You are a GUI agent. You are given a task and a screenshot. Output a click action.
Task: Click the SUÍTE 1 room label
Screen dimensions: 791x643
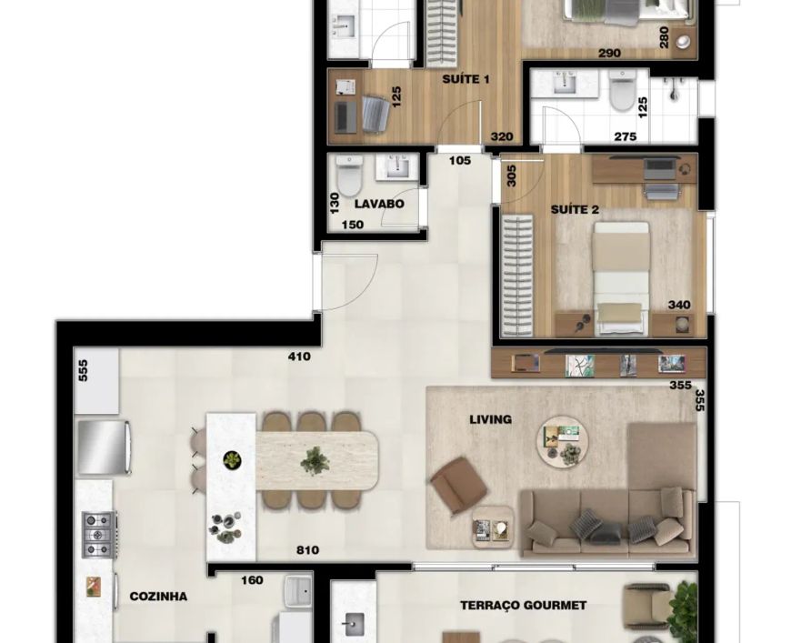pos(466,79)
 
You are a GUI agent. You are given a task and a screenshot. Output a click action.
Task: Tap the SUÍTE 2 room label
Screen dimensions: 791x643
pos(575,209)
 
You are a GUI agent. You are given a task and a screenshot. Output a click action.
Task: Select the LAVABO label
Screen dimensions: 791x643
pos(379,204)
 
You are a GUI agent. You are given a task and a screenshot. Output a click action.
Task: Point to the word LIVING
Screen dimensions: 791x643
pos(490,419)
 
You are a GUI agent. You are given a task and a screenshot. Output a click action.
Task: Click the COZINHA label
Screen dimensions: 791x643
pos(158,597)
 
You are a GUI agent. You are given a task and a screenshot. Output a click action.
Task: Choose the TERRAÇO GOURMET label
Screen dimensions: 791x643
pos(523,605)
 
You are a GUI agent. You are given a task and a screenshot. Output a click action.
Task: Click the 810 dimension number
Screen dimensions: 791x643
pos(307,550)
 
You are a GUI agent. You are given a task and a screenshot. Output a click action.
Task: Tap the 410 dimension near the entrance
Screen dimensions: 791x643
pos(299,357)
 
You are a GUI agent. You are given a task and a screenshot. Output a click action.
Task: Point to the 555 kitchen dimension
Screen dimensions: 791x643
pos(84,370)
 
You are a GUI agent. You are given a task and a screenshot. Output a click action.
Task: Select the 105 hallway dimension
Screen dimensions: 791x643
pos(460,160)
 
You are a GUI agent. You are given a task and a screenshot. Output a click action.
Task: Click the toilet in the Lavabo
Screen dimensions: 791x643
pos(350,176)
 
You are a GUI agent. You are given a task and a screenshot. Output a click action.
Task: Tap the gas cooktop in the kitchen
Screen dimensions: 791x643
pos(99,535)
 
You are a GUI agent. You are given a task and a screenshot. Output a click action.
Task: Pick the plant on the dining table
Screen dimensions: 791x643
pos(315,461)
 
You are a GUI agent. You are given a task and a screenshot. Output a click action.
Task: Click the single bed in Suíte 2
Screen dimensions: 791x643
pos(620,278)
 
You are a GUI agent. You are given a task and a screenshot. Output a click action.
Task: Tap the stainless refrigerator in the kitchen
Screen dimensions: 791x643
pos(105,447)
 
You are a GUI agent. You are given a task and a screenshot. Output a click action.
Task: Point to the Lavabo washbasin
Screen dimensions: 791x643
pos(397,167)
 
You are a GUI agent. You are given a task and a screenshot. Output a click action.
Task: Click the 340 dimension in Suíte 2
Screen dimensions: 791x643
pos(679,305)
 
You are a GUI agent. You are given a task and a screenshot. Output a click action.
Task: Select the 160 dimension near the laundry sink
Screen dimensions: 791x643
pos(252,580)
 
